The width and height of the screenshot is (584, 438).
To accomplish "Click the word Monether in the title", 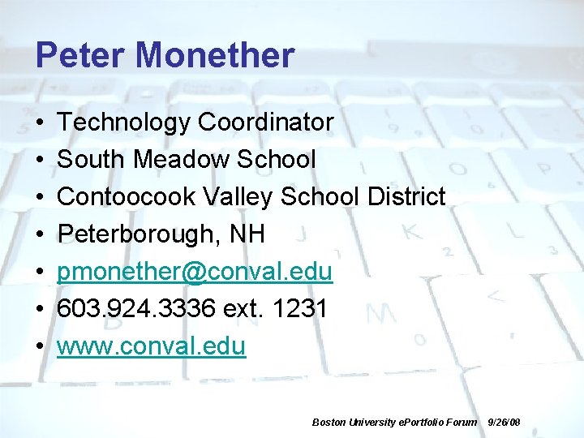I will point(215,56).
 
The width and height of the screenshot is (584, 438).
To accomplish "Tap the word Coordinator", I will point(265,122).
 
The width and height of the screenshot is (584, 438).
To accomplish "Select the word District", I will point(406,197).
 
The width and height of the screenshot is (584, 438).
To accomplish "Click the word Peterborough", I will point(132,234).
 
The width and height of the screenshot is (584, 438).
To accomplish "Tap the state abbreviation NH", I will point(247,234).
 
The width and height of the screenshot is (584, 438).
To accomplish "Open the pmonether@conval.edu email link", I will point(195,272).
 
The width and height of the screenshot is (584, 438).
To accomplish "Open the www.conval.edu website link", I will point(151,346).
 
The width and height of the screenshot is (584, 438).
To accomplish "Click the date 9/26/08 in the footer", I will point(504,423).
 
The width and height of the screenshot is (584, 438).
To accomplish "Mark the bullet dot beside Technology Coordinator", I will point(40,123).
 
